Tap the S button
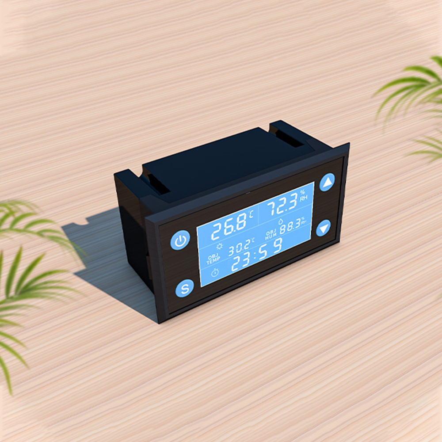tap(185, 289)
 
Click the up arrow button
tap(327, 183)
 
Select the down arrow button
tap(324, 228)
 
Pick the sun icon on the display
tap(219, 246)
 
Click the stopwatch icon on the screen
tap(215, 273)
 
